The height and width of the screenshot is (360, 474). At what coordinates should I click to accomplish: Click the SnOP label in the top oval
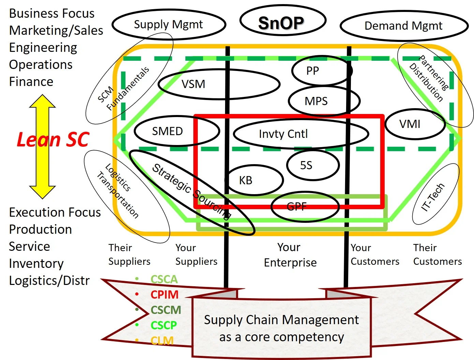tap(281, 23)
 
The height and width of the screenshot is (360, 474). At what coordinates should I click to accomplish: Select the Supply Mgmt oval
tap(168, 25)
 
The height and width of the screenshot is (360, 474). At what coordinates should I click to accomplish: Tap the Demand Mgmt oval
tap(403, 26)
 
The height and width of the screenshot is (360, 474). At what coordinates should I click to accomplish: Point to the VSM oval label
tap(193, 84)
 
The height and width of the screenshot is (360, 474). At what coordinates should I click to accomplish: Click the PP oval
tap(313, 71)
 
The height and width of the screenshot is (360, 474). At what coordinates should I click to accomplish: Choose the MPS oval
tap(316, 101)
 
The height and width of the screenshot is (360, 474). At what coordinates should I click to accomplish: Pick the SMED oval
tap(167, 131)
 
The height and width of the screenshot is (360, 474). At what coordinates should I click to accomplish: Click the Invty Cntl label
tap(283, 134)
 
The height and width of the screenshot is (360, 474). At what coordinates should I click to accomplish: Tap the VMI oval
tap(410, 124)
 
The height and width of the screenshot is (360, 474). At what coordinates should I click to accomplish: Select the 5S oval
tap(306, 165)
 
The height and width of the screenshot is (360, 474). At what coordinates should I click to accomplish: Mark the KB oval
tap(246, 180)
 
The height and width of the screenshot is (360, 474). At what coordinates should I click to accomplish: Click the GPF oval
tap(297, 206)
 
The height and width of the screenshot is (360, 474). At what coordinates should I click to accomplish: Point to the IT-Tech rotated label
tap(433, 197)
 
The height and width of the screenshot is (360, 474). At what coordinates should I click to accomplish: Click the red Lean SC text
tap(53, 140)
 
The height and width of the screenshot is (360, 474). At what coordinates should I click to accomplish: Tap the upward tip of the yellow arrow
tap(42, 97)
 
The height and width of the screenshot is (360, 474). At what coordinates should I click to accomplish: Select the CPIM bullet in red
tap(164, 294)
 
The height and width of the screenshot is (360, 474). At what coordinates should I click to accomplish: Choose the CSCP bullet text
tap(164, 325)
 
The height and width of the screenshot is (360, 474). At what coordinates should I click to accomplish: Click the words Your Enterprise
tap(290, 255)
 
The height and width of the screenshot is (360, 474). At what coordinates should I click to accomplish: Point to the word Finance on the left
tap(31, 82)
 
